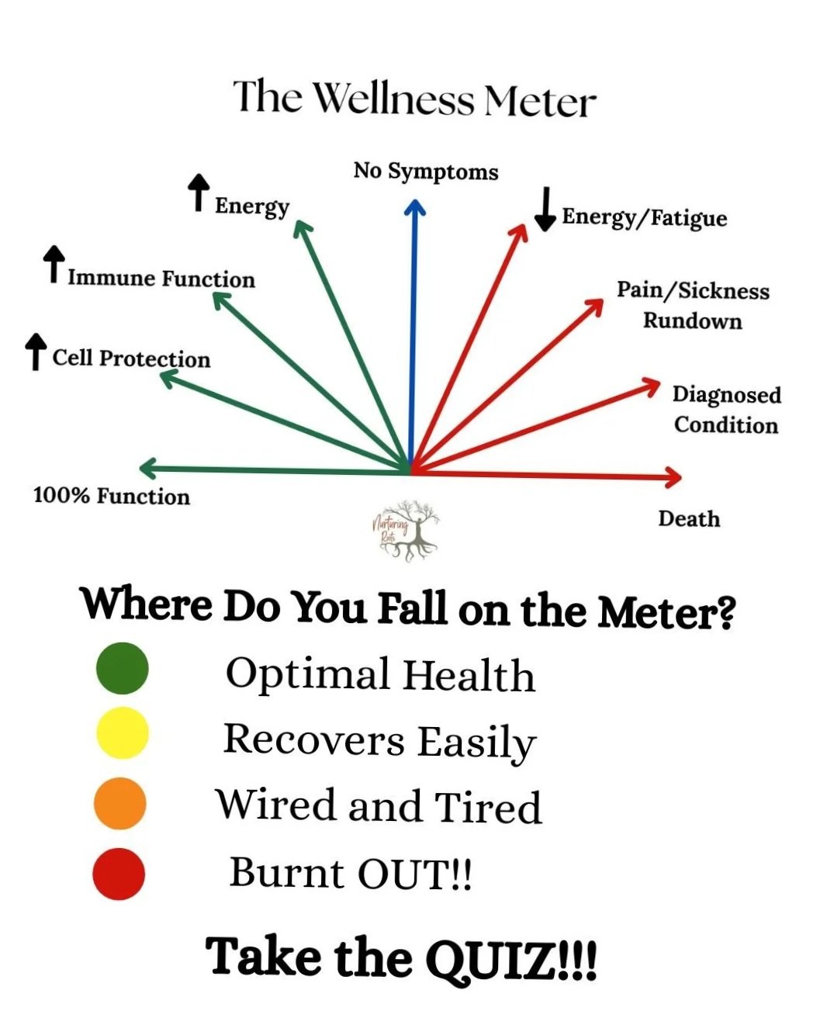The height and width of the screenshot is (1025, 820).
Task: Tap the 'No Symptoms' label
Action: (426, 171)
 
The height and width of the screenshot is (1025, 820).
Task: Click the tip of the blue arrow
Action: (415, 200)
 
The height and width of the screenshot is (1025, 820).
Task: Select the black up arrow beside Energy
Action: (199, 192)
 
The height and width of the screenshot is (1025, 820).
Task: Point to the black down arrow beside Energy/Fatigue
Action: (545, 210)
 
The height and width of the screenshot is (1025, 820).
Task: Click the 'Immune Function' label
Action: (161, 279)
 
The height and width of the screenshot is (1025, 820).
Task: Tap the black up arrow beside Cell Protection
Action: (36, 351)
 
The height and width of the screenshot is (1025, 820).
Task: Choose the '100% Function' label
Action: (112, 497)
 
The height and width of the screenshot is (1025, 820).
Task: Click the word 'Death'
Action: (689, 518)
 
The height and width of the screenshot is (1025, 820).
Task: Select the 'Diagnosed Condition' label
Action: (727, 410)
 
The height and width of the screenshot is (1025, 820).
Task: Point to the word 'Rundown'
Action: (692, 320)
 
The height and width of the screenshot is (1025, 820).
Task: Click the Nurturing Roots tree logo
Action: (407, 531)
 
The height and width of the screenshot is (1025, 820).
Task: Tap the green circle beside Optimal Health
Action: (123, 668)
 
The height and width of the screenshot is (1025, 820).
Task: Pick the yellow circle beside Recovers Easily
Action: (123, 732)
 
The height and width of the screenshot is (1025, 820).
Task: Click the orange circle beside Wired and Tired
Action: (120, 804)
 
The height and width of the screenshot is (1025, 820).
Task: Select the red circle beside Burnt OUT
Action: (119, 874)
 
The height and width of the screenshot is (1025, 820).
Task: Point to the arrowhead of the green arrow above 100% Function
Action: (147, 468)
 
